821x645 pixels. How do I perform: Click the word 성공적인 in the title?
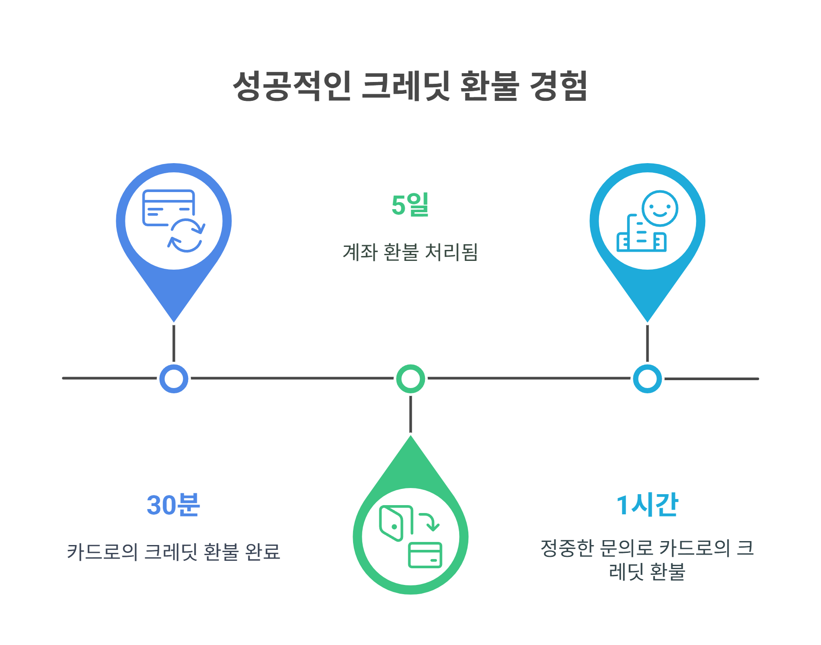[292, 86]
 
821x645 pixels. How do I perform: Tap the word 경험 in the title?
[558, 86]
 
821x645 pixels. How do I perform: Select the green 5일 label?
[410, 205]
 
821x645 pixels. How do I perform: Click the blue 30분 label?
[173, 505]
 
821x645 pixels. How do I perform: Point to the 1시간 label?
[647, 505]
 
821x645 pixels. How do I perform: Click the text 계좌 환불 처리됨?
[410, 252]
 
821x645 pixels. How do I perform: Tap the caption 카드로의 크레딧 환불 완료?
[173, 552]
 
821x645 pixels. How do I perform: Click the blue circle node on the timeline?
[174, 378]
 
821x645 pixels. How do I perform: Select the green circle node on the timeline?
[410, 378]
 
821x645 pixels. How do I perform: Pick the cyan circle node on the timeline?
[647, 378]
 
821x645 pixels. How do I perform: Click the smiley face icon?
[660, 208]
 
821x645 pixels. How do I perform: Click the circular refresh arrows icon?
[186, 235]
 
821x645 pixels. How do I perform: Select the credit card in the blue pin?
[168, 207]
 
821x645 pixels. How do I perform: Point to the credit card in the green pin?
[425, 555]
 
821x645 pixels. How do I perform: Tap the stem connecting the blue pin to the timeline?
[174, 343]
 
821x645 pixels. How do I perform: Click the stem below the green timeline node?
[410, 414]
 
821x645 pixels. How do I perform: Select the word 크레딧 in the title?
[406, 86]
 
